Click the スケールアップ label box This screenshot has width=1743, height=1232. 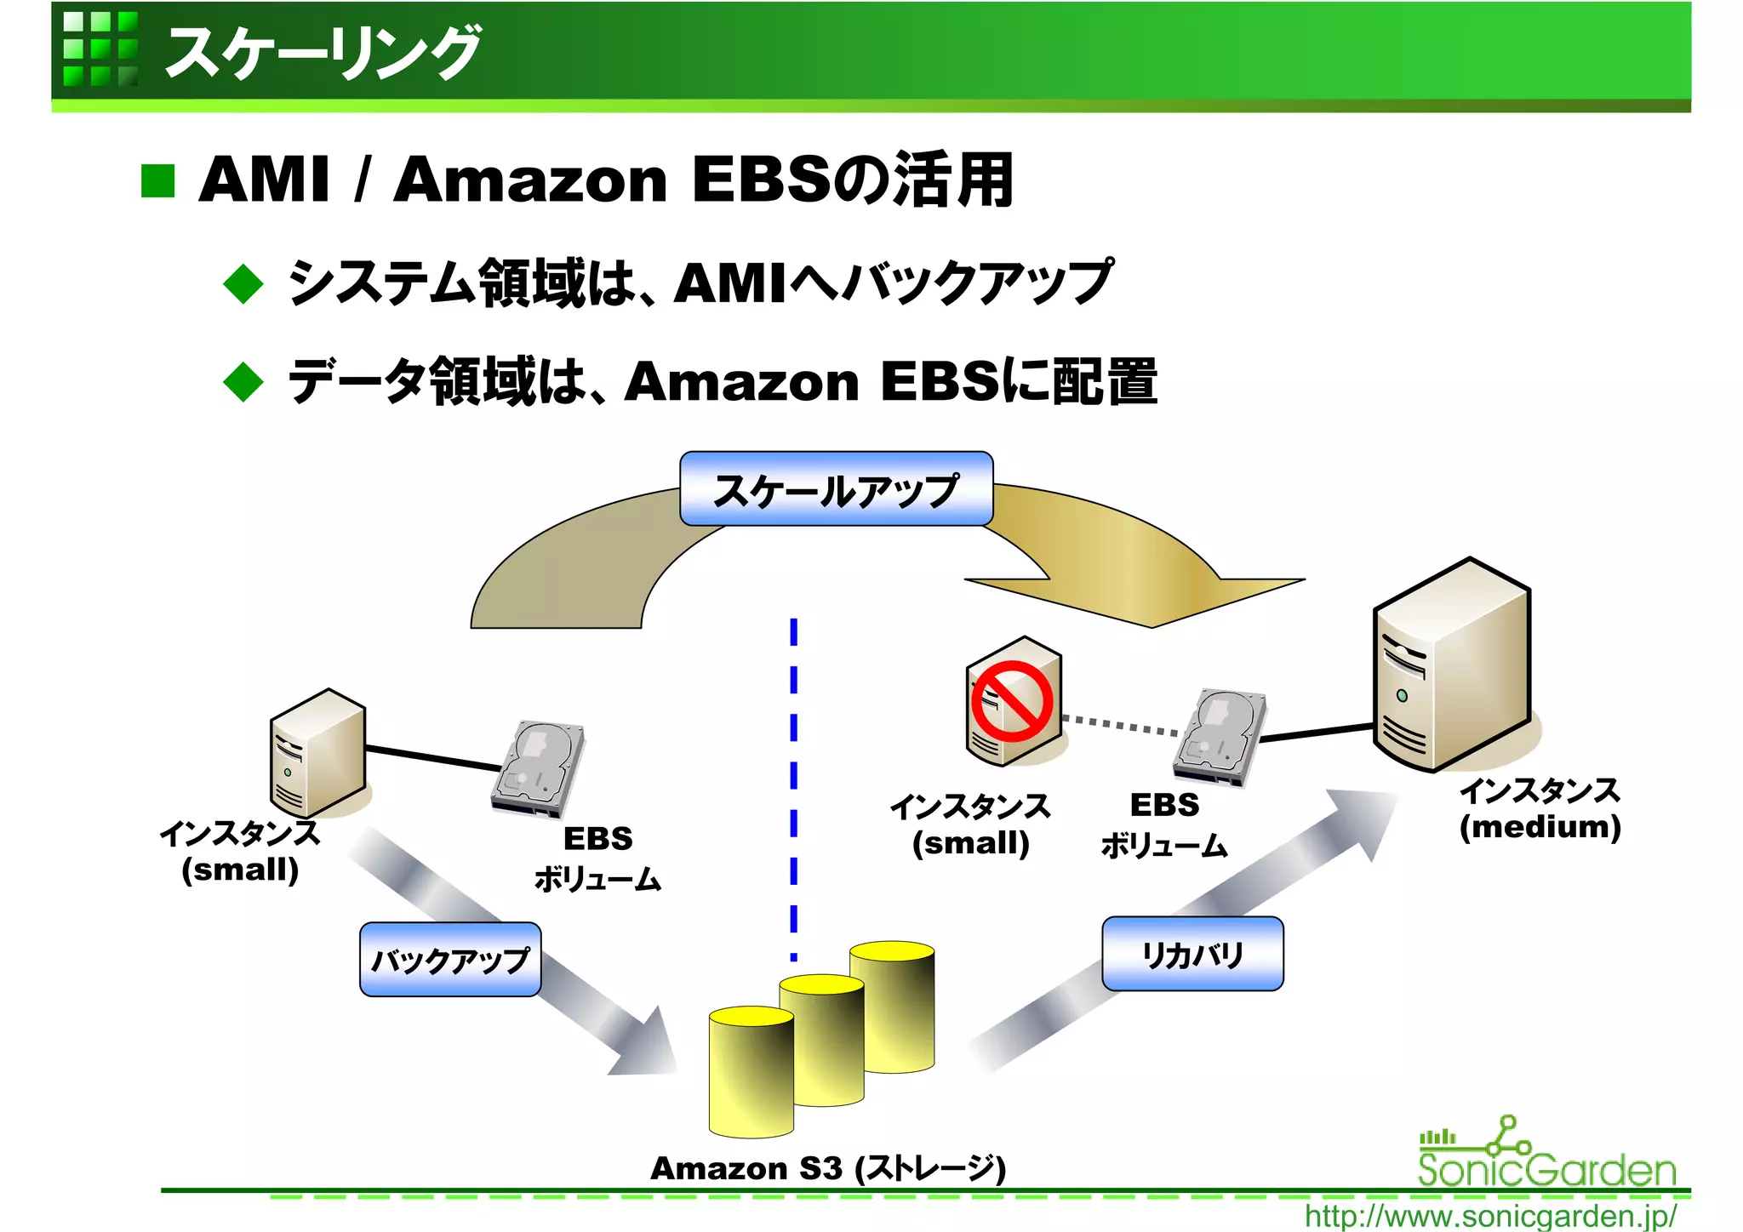point(836,489)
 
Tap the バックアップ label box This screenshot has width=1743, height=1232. point(450,960)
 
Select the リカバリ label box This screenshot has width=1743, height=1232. point(1192,954)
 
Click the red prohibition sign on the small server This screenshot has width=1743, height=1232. point(1012,701)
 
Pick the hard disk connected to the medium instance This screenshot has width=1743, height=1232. point(1219,736)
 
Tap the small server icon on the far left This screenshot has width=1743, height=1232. point(317,753)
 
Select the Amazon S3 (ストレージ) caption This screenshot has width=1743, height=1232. point(828,1169)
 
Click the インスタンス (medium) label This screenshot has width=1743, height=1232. point(1540,809)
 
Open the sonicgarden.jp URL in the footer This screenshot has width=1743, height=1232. point(1490,1216)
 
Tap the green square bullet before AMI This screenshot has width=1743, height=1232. point(158,180)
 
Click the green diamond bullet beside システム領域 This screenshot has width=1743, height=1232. point(244,283)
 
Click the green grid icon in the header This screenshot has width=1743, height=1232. point(100,48)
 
